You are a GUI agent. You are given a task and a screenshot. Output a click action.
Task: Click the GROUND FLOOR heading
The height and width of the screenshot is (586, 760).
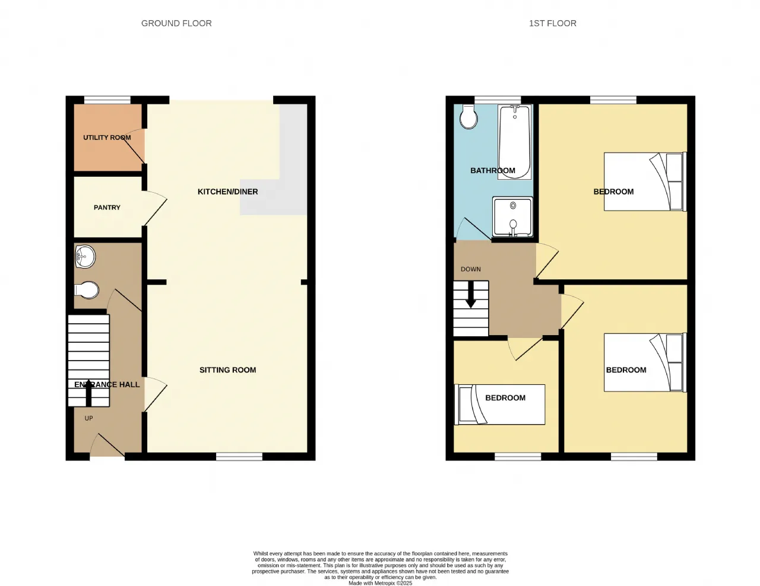[176, 23]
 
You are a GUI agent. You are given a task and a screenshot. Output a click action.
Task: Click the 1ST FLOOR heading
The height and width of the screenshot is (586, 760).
[553, 23]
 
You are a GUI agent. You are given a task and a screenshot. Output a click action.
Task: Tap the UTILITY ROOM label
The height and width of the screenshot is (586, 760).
[107, 138]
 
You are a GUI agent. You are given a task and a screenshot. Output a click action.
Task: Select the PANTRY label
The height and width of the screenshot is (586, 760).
[107, 208]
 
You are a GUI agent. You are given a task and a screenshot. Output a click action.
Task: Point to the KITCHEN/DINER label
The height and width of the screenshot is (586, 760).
[227, 192]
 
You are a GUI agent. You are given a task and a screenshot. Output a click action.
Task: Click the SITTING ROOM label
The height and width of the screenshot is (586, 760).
[227, 370]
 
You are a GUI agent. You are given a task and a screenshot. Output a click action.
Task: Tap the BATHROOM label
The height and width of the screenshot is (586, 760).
[492, 170]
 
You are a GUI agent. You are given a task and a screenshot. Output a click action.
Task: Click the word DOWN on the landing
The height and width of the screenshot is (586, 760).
[471, 269]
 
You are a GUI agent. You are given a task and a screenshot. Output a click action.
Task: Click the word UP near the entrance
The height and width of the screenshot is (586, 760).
[89, 418]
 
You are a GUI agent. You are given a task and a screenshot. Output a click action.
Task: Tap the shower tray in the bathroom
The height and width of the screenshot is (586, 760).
[513, 217]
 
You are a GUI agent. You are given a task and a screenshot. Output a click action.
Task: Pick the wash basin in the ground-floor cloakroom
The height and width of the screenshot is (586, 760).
[85, 257]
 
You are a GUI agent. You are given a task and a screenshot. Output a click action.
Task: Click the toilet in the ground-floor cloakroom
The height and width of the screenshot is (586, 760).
[87, 290]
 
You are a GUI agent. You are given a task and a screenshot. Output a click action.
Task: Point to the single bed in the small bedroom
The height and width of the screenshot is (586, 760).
[499, 405]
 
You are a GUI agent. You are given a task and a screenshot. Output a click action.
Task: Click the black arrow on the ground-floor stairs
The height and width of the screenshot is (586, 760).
[89, 393]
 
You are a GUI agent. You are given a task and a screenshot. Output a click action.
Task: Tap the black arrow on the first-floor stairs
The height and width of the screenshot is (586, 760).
[471, 294]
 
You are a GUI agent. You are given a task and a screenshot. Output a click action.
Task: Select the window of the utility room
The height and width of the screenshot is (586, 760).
[107, 100]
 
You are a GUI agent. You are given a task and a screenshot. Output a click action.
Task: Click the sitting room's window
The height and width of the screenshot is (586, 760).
[239, 457]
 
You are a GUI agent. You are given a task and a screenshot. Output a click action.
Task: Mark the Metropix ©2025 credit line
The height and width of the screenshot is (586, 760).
[380, 583]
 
